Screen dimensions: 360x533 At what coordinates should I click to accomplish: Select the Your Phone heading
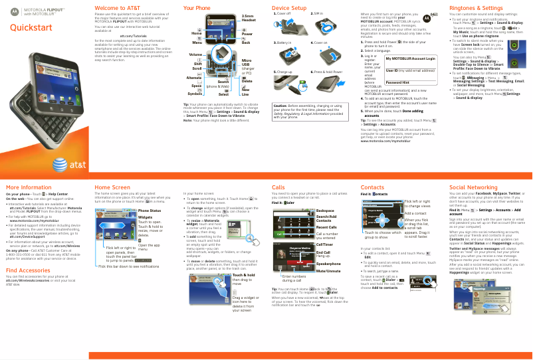(x=197, y=7)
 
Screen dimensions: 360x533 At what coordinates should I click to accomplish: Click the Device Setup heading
(x=289, y=7)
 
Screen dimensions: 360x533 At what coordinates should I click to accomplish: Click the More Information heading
(x=29, y=188)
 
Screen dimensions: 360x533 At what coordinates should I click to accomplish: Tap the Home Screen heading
(x=112, y=188)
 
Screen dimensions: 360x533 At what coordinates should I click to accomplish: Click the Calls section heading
(x=278, y=188)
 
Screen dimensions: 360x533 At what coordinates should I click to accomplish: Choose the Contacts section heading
(x=372, y=188)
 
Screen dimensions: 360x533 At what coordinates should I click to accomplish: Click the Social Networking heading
(x=473, y=188)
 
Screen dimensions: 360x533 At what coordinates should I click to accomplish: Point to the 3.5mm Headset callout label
(x=249, y=18)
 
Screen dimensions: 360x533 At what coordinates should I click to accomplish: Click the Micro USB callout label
(x=247, y=62)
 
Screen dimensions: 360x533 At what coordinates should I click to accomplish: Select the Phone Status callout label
(x=149, y=211)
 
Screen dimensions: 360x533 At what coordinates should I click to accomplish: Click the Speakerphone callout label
(x=328, y=264)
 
